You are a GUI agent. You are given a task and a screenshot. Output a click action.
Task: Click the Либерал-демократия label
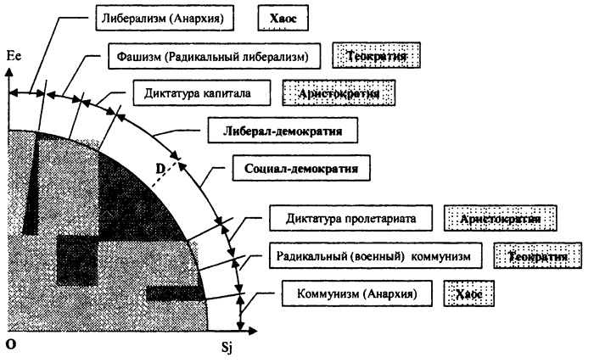282,131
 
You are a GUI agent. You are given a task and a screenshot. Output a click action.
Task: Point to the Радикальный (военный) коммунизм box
375,255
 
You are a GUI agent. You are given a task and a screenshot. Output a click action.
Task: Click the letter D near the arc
158,168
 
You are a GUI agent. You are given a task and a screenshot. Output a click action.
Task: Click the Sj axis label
244,348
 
